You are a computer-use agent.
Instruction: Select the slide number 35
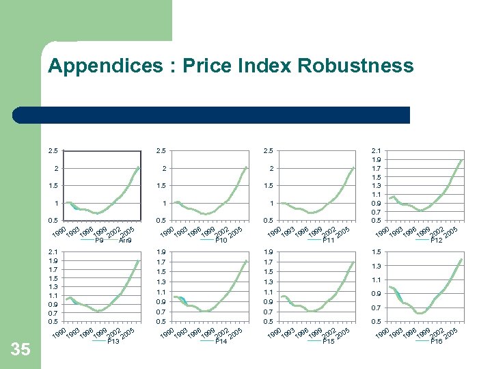click(x=21, y=349)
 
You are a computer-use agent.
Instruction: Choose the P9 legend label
click(x=99, y=241)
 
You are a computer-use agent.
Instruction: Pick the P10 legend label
click(x=221, y=241)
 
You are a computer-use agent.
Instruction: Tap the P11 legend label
click(x=328, y=241)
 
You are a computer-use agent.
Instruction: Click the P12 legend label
click(x=437, y=241)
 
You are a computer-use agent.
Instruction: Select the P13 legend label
click(x=113, y=341)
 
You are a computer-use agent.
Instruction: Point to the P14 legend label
click(x=221, y=341)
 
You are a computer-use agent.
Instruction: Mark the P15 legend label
click(x=328, y=341)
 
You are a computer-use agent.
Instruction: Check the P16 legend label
click(x=437, y=341)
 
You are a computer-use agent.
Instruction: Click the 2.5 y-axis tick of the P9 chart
click(x=53, y=151)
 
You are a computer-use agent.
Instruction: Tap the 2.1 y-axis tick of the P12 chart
click(x=375, y=151)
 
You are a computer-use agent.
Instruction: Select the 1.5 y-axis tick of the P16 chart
click(x=375, y=252)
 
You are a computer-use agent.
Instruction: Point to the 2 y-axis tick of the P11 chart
click(x=271, y=169)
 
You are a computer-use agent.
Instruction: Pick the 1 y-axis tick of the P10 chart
click(x=165, y=204)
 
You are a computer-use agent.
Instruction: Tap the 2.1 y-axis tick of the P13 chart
click(x=53, y=252)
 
